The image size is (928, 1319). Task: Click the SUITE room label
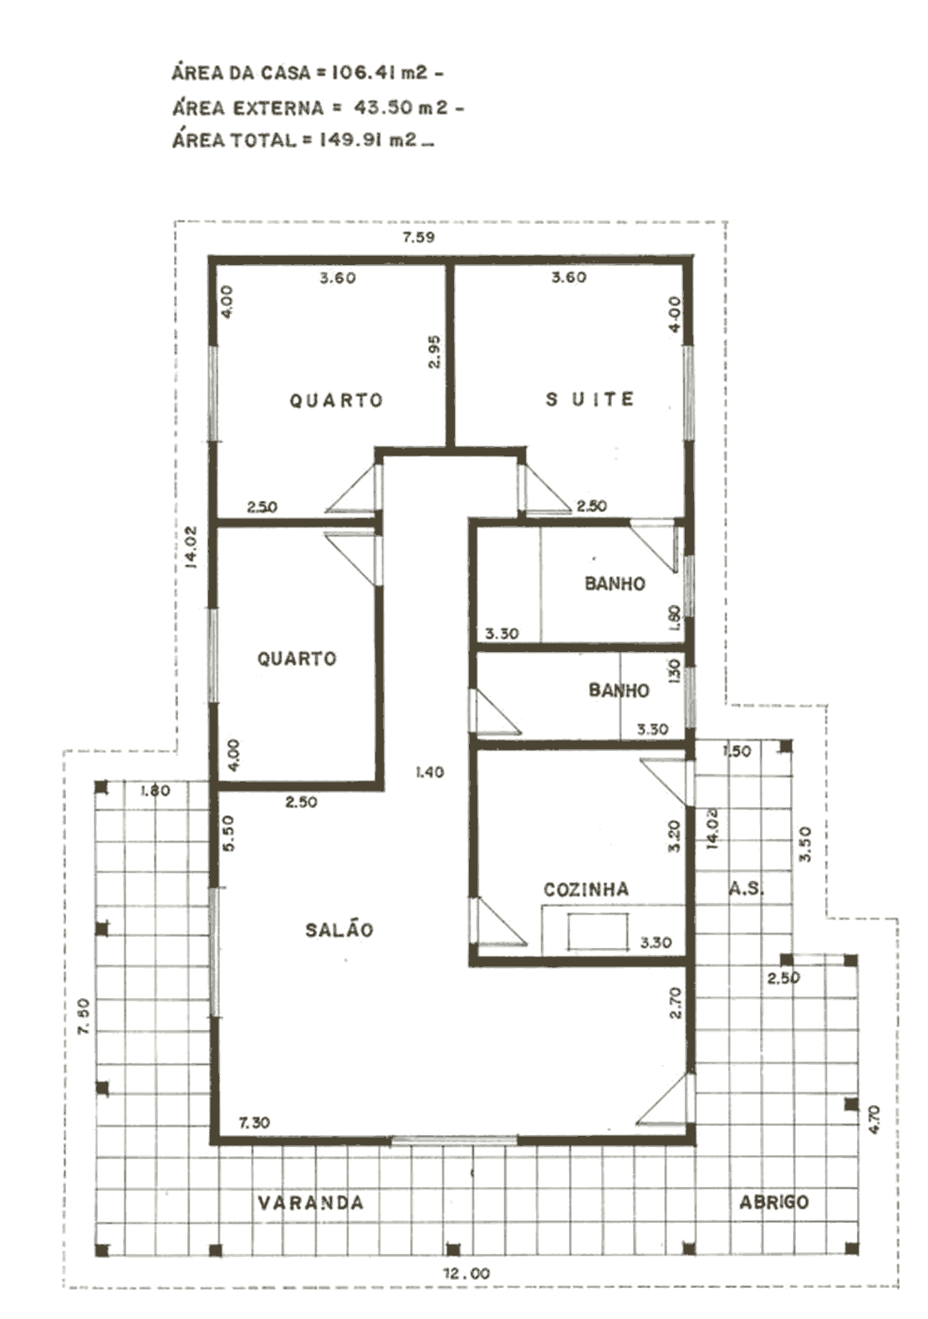coord(589,400)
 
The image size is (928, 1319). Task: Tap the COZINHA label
coord(586,889)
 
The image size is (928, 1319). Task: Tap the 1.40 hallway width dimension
coord(430,772)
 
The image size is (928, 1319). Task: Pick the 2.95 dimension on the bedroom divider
coord(435,352)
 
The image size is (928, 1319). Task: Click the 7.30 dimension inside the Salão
coord(254,1123)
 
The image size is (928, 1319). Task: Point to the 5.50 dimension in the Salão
coord(229,833)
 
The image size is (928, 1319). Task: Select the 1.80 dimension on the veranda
coord(156,790)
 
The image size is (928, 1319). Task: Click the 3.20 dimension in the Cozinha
coord(675,836)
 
